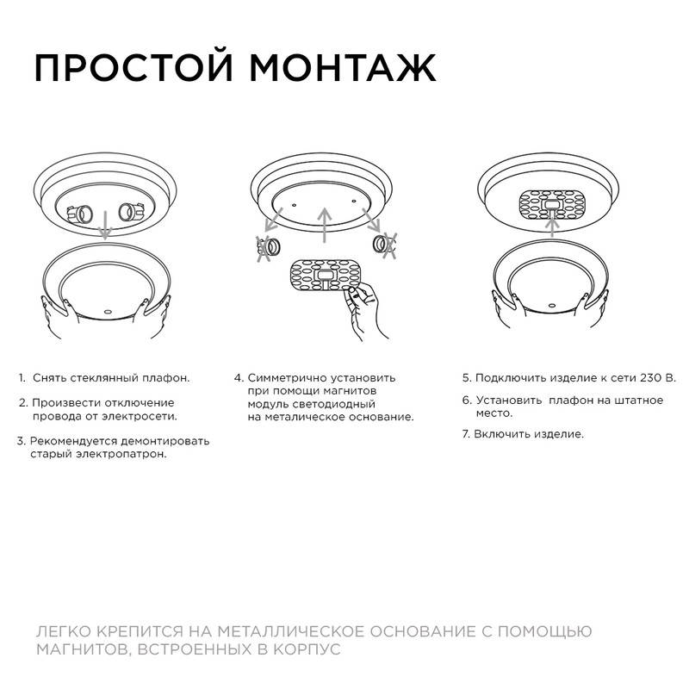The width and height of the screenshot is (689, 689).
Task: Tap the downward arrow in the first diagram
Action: [x=104, y=227]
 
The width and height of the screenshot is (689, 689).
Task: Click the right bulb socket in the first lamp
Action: [x=129, y=211]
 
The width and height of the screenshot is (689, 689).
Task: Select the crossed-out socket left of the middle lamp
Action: [x=268, y=247]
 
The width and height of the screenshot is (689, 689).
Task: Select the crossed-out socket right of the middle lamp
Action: [x=382, y=245]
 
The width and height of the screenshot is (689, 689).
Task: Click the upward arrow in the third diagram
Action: [x=552, y=227]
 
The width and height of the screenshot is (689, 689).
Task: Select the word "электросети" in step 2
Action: [x=140, y=417]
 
